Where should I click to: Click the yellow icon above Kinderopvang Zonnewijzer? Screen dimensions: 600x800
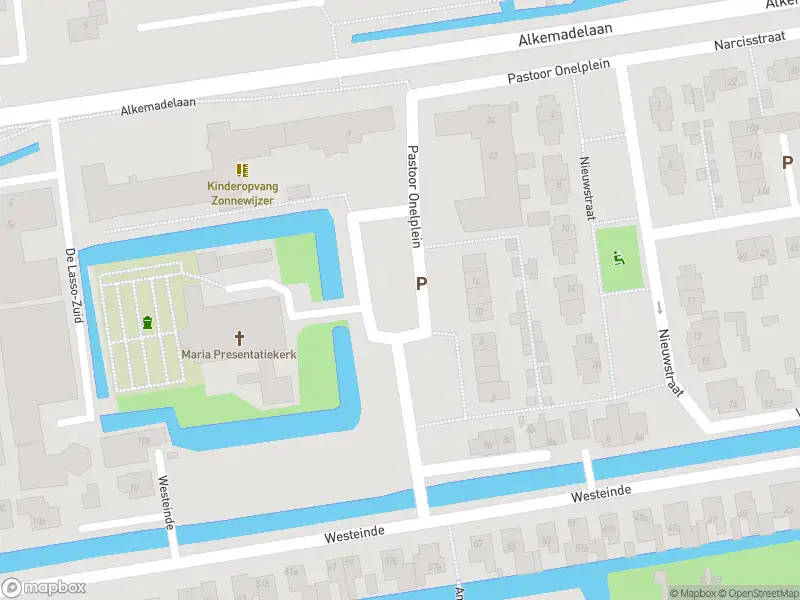(241, 170)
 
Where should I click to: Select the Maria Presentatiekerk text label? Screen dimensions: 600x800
(240, 354)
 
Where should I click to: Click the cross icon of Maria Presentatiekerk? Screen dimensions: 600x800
(240, 337)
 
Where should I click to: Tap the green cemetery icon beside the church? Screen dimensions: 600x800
(148, 322)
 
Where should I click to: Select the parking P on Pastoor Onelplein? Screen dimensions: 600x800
(422, 284)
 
